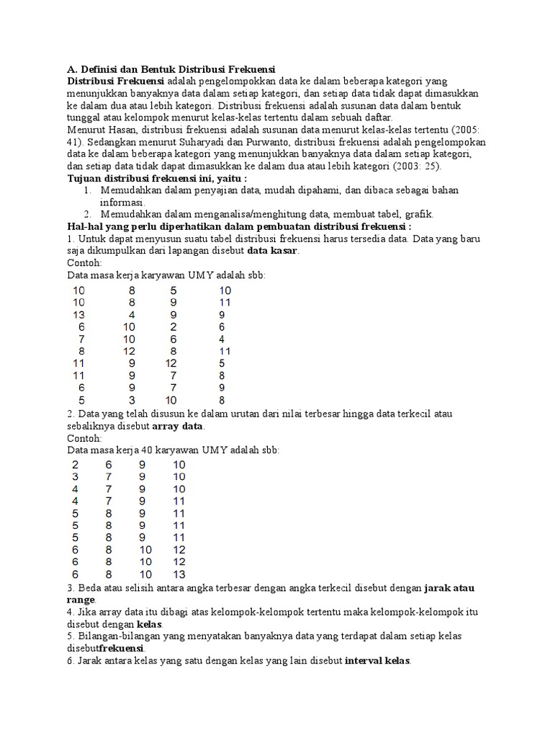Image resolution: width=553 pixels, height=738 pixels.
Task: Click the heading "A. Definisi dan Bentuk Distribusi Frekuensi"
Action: point(171,69)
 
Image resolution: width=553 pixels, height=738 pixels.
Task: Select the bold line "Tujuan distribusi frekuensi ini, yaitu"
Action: point(157,177)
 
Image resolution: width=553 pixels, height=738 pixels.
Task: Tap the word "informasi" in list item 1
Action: point(122,203)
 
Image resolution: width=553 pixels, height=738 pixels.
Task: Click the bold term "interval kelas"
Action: point(377,661)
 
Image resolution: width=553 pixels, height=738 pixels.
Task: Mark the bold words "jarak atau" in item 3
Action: point(449,588)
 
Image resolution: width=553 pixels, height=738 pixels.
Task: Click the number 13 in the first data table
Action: point(79,314)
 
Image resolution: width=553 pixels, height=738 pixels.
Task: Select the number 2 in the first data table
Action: point(174,326)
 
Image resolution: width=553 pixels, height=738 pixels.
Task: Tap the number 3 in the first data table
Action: point(132,400)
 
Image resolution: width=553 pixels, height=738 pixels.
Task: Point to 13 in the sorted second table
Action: point(179,574)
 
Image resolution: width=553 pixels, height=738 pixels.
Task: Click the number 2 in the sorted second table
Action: point(75,464)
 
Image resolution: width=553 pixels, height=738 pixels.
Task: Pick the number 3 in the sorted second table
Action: point(75,476)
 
